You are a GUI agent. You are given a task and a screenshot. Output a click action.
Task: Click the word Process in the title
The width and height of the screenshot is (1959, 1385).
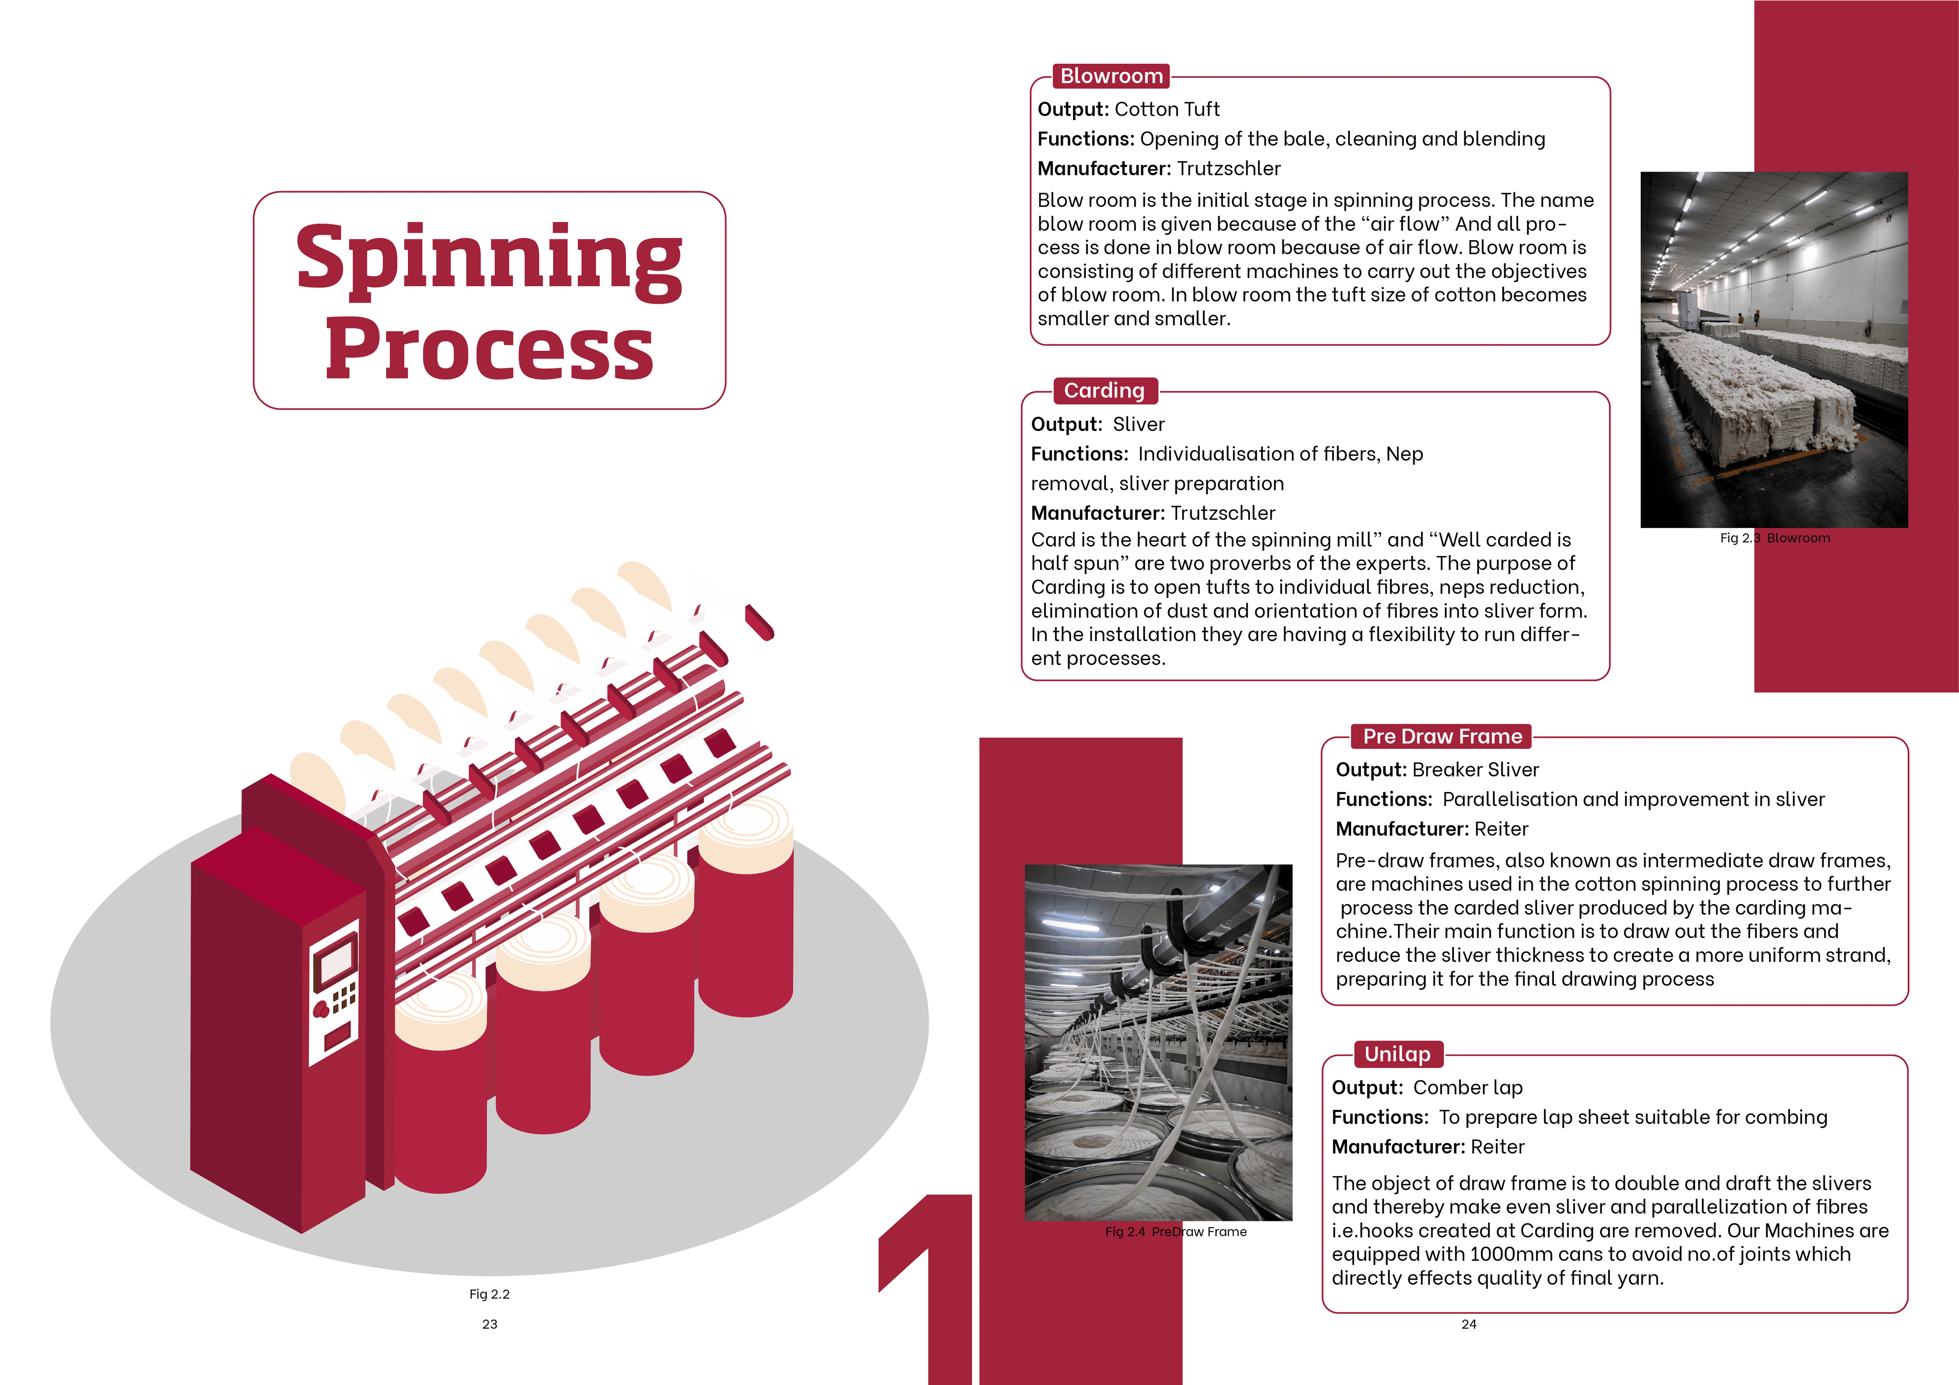489,350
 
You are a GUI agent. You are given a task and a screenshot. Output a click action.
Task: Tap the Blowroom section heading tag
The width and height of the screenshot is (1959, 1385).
1111,76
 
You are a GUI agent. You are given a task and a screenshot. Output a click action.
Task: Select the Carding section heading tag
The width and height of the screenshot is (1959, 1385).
1104,390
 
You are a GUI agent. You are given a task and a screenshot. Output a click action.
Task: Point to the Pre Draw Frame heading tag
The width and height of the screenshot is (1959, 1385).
1442,736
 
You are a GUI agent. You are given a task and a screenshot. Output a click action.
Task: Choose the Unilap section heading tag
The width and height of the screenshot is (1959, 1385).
1398,1054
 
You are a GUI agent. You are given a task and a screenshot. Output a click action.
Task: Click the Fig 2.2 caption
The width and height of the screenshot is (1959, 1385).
489,1294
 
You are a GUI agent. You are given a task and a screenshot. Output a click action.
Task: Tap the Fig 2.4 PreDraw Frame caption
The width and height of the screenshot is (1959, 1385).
1176,1231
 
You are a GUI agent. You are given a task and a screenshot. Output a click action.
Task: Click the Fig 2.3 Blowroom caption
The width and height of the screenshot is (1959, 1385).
1775,538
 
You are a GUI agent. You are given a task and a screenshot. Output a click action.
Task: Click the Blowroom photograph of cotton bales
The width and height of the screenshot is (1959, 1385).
1774,350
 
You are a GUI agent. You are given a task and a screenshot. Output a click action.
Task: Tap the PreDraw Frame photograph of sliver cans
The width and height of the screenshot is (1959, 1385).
1158,1042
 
